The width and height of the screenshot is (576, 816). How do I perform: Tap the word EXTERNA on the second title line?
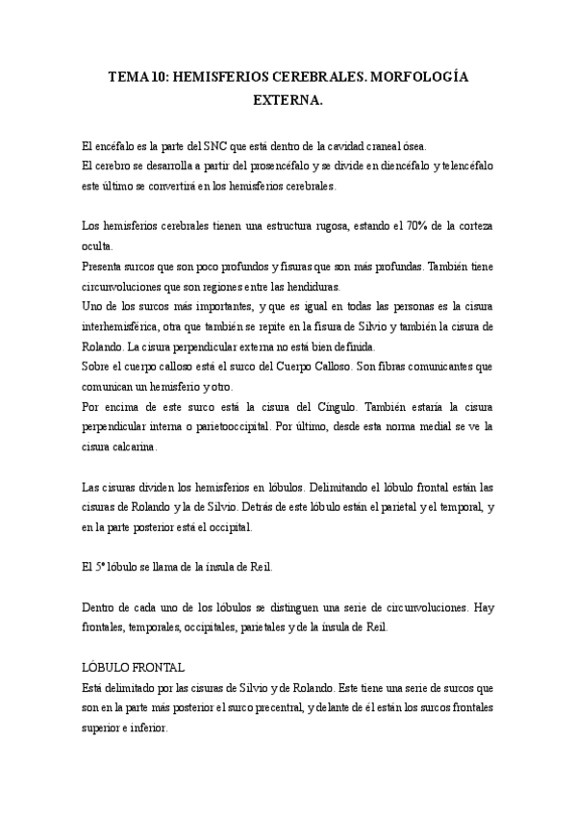[x=288, y=99]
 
